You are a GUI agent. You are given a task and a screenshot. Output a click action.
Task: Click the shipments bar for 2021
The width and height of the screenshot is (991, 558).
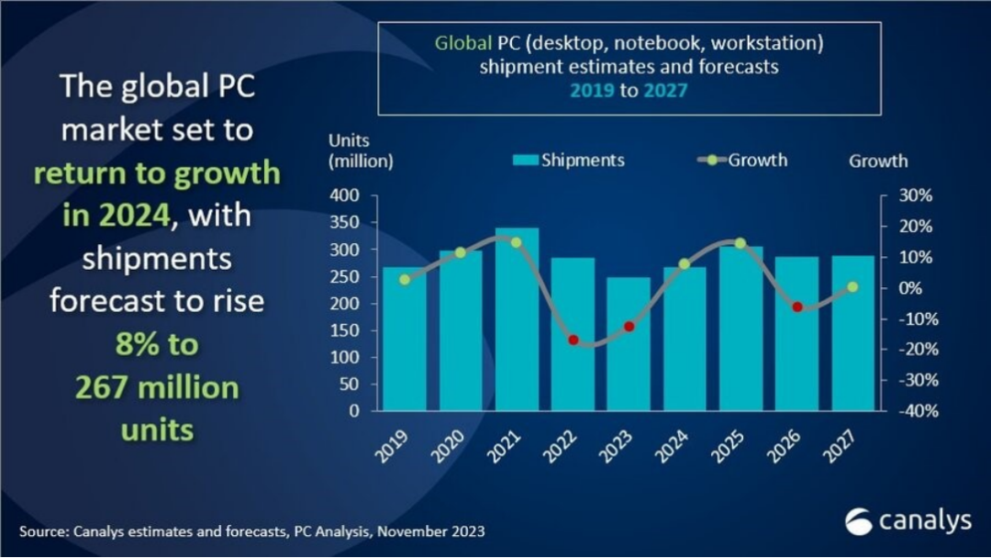click(x=517, y=318)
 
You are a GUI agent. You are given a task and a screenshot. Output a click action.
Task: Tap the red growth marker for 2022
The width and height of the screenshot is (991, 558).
click(x=573, y=340)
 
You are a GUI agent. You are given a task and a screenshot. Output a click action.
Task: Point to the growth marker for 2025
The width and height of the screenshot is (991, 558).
click(x=740, y=243)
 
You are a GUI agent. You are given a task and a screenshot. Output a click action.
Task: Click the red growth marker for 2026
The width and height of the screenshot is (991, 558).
click(x=796, y=307)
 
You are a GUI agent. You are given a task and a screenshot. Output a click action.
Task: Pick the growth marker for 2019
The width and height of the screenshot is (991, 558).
click(x=406, y=279)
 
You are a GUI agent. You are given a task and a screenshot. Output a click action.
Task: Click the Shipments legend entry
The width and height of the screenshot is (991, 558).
click(x=569, y=160)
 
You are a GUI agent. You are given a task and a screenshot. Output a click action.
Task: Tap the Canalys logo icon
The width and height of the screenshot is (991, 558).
click(x=860, y=521)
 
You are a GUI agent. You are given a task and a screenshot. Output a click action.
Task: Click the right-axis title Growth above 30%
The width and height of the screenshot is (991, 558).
click(x=878, y=161)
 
